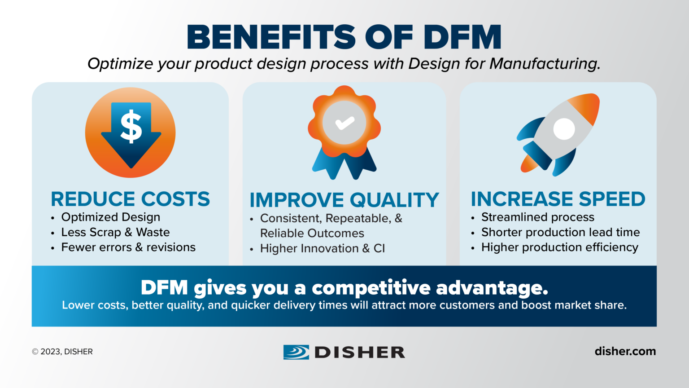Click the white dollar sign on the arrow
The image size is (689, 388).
tap(131, 127)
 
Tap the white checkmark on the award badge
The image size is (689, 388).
tap(344, 123)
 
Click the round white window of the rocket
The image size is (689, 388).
tap(564, 129)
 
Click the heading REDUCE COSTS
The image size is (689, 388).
tap(130, 199)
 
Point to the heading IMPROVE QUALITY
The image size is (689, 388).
tap(344, 200)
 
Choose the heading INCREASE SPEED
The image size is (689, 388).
tap(558, 199)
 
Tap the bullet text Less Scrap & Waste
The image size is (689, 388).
tap(115, 232)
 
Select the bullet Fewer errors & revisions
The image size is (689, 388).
tap(128, 247)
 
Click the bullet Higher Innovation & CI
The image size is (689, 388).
tap(322, 248)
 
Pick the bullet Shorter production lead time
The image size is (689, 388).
tap(560, 232)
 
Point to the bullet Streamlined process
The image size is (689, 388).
tap(537, 217)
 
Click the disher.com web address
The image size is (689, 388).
tap(625, 351)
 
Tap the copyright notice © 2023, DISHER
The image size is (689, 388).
tap(62, 352)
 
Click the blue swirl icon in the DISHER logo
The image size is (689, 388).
tap(296, 352)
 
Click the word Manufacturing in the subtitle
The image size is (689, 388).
tap(545, 64)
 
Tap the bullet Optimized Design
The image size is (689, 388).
tap(110, 217)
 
